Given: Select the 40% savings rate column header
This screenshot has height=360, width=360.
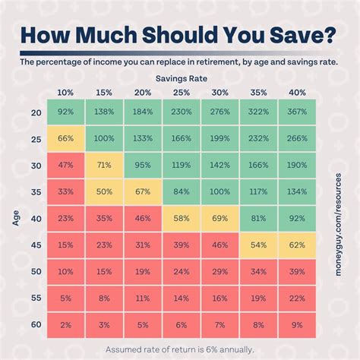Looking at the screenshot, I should click(x=297, y=92).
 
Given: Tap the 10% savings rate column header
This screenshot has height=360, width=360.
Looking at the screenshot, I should click(x=66, y=92).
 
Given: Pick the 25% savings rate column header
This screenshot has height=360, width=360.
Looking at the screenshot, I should click(x=182, y=92).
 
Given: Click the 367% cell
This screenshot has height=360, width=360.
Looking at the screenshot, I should click(x=297, y=112).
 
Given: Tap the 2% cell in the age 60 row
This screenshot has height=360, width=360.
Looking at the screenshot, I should click(x=66, y=324).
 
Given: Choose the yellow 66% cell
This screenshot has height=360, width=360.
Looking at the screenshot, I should click(x=66, y=139).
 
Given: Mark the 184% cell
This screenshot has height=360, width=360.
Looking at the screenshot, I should click(x=143, y=112).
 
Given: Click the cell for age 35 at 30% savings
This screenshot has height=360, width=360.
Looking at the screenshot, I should click(x=220, y=191).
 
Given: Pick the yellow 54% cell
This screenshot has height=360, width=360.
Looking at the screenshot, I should click(x=259, y=245).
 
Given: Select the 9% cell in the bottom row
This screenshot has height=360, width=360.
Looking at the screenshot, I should click(x=297, y=324).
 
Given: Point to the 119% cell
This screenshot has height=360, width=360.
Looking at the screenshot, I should click(x=182, y=165).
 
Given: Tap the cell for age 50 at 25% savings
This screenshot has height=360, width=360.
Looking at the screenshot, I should click(x=182, y=271).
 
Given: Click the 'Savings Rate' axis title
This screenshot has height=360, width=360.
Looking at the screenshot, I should click(x=182, y=77).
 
